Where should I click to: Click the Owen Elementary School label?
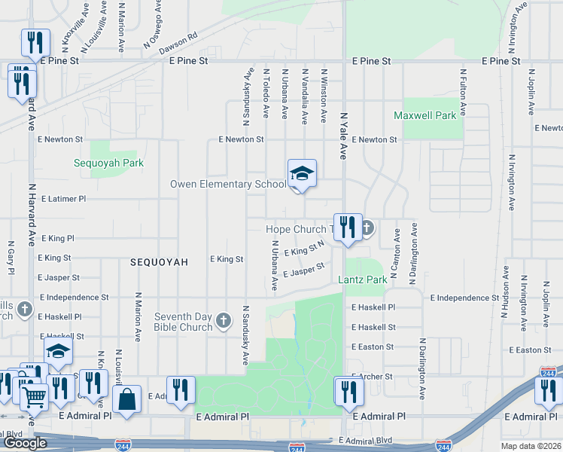pos(227,184)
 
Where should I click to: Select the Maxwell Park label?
pos(425,116)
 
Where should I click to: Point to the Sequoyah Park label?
pos(108,163)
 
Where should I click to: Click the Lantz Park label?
pos(363,279)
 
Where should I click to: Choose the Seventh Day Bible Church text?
pos(184,322)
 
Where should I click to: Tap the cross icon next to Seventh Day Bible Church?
pos(223,322)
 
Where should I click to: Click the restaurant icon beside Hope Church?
pos(347,228)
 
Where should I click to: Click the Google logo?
pos(25,442)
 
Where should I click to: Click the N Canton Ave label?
pos(396,256)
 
